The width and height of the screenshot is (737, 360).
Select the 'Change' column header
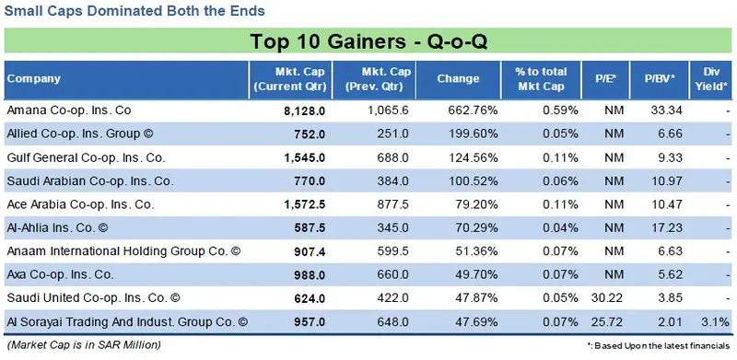[458, 79]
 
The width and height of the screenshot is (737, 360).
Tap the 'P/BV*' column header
[660, 79]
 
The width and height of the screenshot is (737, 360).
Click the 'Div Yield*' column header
[711, 79]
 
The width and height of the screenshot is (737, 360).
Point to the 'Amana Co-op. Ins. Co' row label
[69, 110]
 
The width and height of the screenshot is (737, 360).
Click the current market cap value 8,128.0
[305, 110]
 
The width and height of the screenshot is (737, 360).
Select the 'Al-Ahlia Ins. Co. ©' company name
[57, 228]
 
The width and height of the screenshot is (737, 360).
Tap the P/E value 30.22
[607, 298]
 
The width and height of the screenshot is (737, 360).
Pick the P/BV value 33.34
[666, 110]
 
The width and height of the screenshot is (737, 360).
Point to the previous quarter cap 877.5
[393, 204]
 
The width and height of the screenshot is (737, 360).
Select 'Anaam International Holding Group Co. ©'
[123, 251]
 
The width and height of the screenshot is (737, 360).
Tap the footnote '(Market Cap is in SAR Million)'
[84, 344]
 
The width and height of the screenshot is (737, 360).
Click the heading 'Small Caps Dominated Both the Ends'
[135, 11]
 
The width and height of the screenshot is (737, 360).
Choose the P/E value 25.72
[607, 322]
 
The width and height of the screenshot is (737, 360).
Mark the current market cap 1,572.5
[305, 205]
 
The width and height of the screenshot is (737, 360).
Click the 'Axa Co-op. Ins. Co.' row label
[60, 275]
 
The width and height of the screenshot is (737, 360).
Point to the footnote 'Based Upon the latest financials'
[661, 346]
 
